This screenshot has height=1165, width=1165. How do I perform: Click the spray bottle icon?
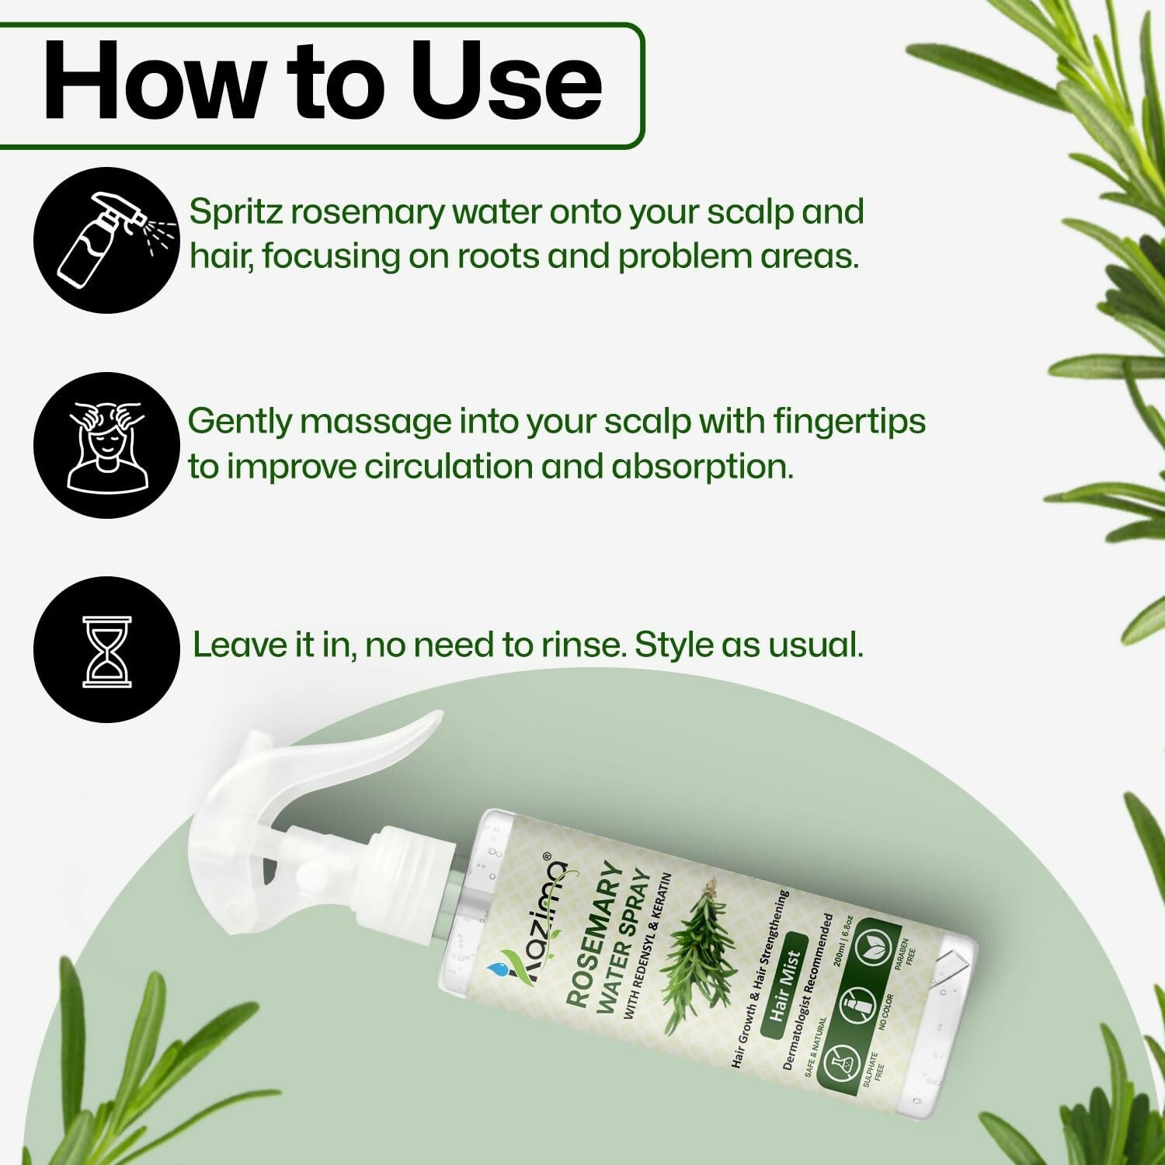(106, 240)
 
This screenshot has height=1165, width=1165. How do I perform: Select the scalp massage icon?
(106, 445)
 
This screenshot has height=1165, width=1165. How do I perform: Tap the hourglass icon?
(106, 651)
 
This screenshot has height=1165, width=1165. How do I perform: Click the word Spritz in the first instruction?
(235, 212)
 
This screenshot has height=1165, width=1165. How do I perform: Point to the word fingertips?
(849, 421)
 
